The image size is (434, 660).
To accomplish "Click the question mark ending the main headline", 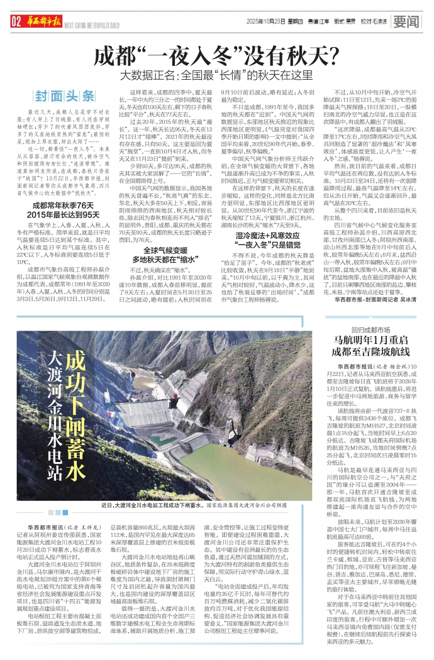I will coord(330,57).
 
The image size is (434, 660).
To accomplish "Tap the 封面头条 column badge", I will coord(65,96).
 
